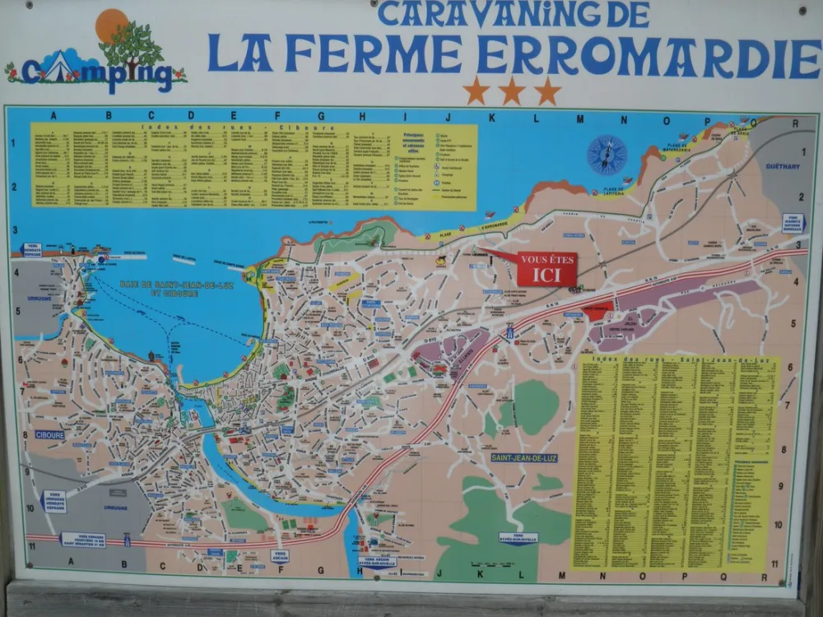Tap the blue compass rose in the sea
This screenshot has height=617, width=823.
tap(607, 155)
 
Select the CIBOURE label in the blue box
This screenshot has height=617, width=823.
tap(49, 434)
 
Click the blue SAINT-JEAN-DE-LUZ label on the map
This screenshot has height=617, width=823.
tap(524, 457)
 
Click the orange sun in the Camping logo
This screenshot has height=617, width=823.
tap(111, 25)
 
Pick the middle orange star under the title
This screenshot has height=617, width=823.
tap(511, 90)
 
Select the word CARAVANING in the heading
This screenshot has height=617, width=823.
tap(478, 14)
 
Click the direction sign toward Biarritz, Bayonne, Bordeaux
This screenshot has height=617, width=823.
tap(793, 223)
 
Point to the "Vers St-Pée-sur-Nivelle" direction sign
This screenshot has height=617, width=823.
tap(518, 539)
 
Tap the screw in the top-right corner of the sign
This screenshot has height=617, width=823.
tap(802, 10)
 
